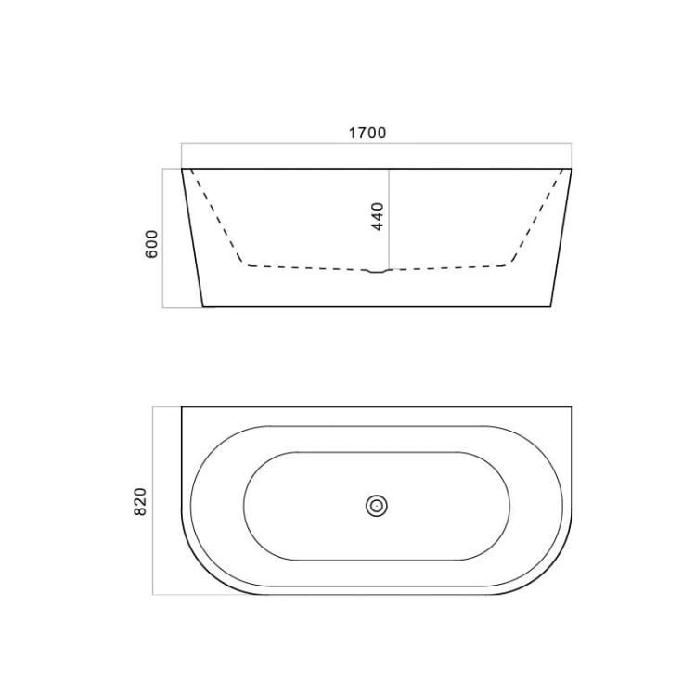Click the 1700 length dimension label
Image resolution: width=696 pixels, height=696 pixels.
pyautogui.click(x=367, y=133)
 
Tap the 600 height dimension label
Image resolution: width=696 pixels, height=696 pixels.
pyautogui.click(x=152, y=244)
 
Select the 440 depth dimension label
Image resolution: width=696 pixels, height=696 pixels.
pyautogui.click(x=378, y=216)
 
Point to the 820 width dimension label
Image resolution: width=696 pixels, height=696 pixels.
pyautogui.click(x=140, y=501)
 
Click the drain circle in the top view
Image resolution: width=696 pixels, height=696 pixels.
pyautogui.click(x=377, y=506)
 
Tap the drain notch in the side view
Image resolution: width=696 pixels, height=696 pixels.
pyautogui.click(x=377, y=271)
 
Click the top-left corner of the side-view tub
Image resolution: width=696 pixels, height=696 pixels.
pyautogui.click(x=182, y=169)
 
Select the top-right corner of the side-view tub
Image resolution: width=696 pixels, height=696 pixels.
pyautogui.click(x=572, y=169)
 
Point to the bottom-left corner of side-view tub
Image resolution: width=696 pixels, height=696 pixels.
pyautogui.click(x=203, y=307)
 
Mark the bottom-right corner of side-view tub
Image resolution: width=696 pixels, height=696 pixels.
pyautogui.click(x=551, y=307)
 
